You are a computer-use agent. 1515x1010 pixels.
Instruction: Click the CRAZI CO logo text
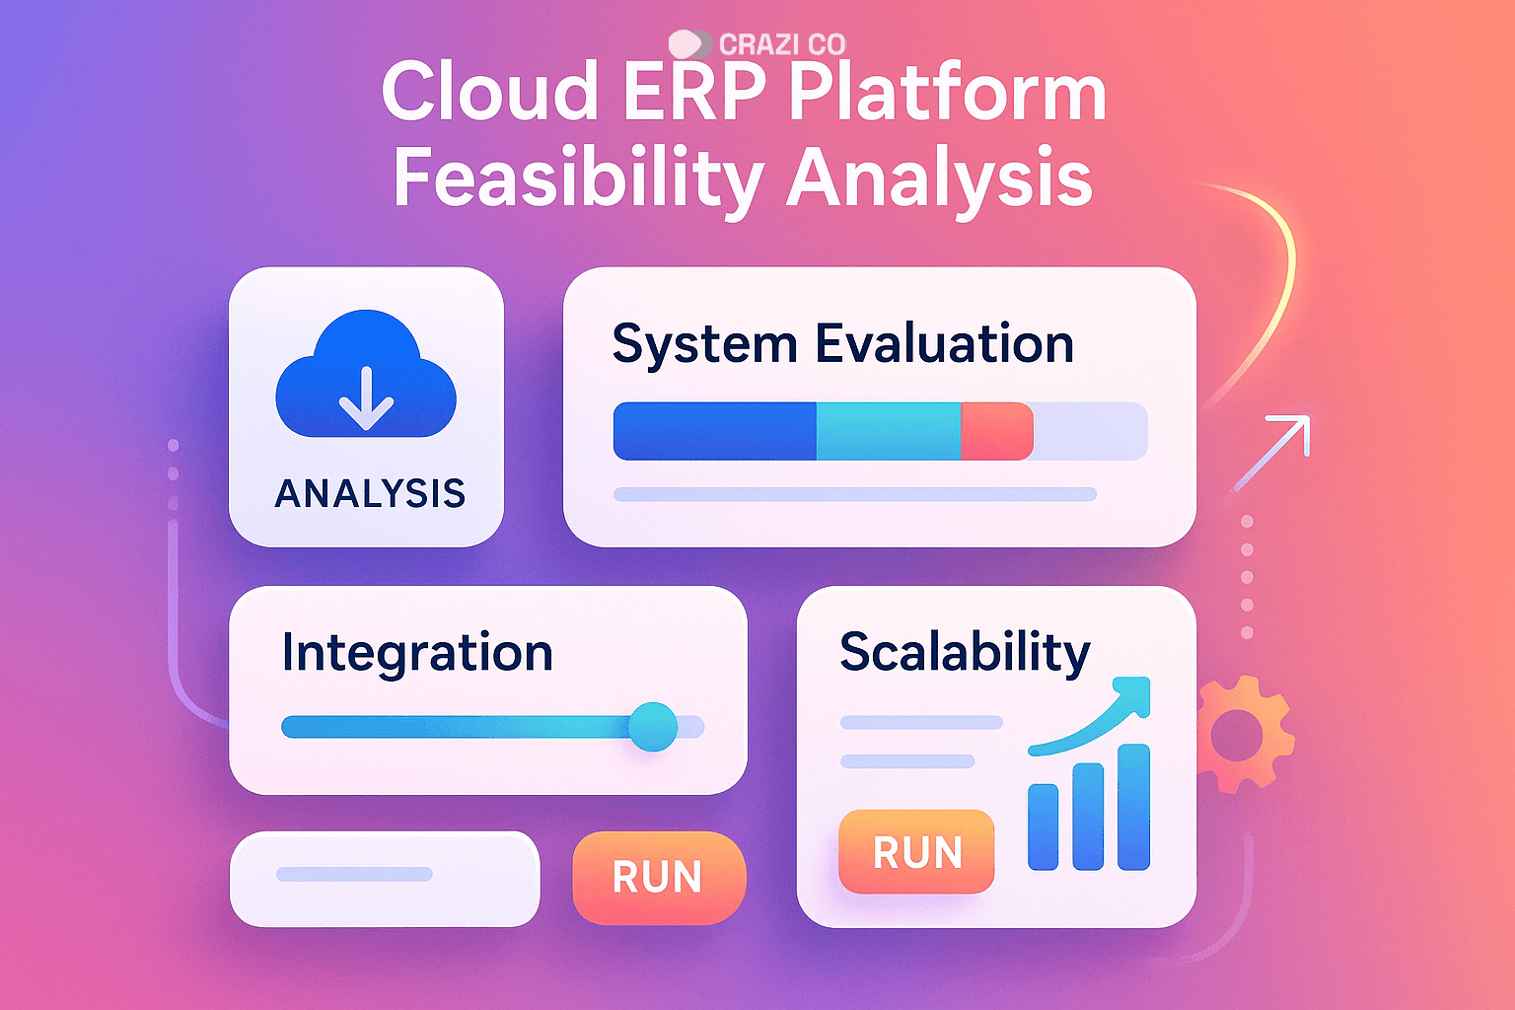tap(782, 44)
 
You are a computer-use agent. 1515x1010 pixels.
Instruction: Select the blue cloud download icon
tap(366, 374)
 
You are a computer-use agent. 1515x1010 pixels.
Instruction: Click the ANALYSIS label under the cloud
tap(370, 493)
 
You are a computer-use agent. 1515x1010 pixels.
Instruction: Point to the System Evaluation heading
tap(842, 344)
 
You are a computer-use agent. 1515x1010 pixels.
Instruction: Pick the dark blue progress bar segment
tap(715, 431)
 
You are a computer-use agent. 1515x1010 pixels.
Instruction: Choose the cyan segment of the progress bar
tap(889, 431)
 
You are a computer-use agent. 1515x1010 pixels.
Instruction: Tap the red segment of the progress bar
tap(997, 431)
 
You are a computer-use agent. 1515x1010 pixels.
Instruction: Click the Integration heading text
tap(417, 652)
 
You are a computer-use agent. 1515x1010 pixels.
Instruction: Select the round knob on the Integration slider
tap(653, 727)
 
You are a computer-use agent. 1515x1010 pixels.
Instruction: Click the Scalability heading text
tap(965, 652)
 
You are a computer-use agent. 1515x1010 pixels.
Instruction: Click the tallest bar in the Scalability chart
tap(1133, 807)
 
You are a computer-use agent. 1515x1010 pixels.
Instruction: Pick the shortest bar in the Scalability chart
tap(1043, 827)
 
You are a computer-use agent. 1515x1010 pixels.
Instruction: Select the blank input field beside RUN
tap(385, 879)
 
